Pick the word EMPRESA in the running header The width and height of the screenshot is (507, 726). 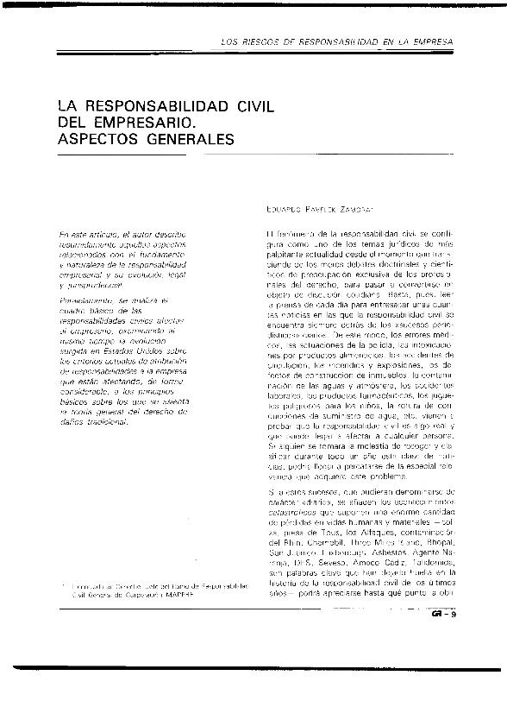click(x=430, y=42)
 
